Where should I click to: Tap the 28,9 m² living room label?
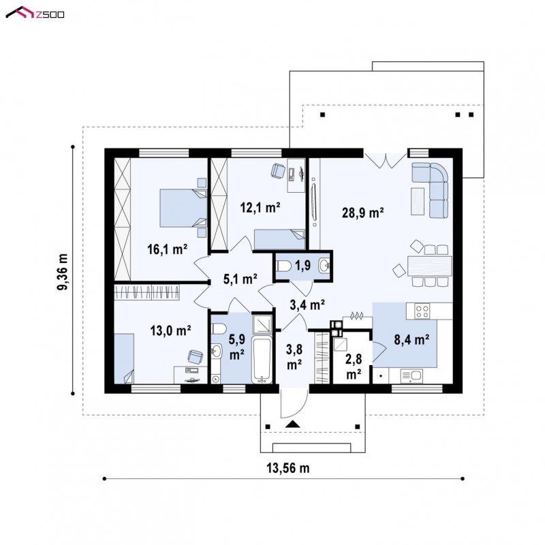coord(362,213)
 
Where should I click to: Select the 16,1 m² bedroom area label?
coord(167,249)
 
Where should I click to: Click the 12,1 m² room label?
coord(260,208)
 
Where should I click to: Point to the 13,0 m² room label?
coord(170,330)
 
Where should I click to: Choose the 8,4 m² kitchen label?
coord(411,339)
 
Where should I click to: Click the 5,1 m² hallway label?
coord(240,279)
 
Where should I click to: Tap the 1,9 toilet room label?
coord(302,266)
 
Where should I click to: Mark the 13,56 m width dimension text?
coord(287,468)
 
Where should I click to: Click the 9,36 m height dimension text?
coord(63,271)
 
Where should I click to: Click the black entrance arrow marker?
coord(293,424)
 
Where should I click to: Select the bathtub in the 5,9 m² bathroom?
coord(262,360)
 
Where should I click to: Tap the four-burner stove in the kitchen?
coord(422,311)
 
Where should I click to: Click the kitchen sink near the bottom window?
coord(411,376)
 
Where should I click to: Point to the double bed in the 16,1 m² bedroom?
coord(183,208)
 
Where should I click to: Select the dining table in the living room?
coord(430,266)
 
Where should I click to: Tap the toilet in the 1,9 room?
coord(283,266)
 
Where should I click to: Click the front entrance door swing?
coord(294,403)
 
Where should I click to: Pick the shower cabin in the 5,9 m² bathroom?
coord(262,324)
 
